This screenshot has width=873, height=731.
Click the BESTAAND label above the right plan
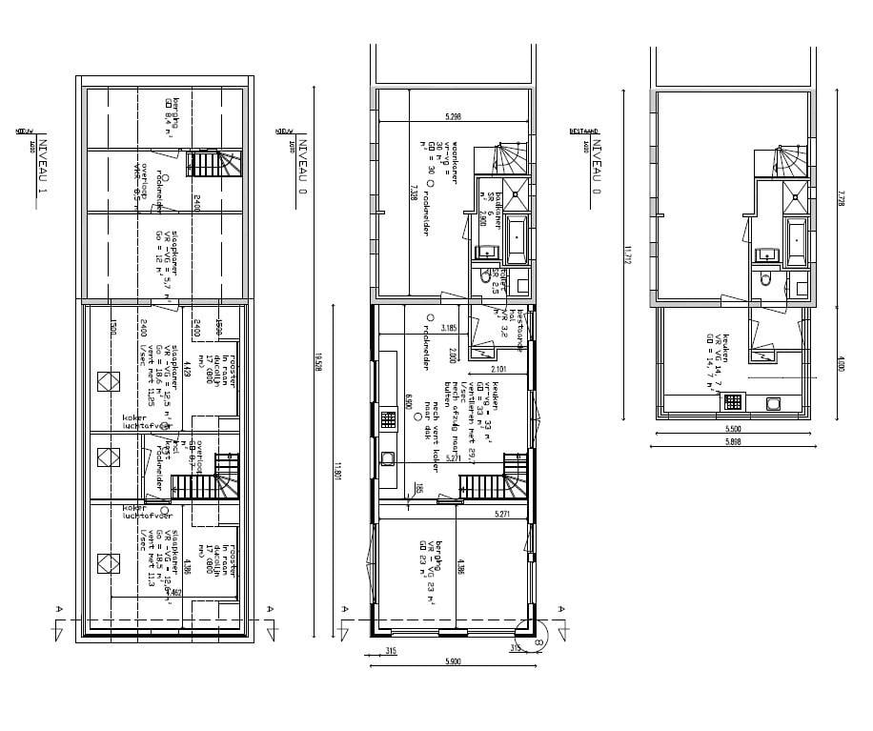[x=582, y=125]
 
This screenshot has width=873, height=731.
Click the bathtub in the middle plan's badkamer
[x=516, y=238]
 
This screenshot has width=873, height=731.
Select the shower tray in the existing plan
[x=796, y=197]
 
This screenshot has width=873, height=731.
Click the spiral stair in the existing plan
[x=790, y=157]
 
